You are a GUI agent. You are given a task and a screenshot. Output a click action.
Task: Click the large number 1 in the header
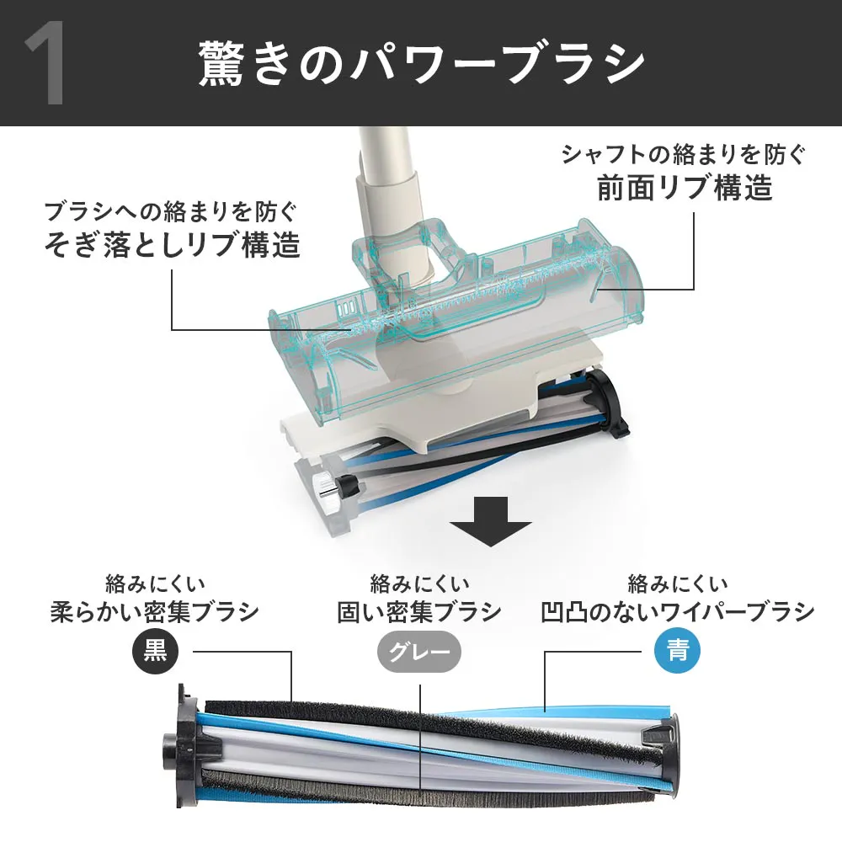point(46,63)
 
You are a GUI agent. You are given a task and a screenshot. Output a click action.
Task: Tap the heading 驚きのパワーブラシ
point(422,64)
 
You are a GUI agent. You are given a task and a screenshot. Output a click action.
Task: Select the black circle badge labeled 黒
point(155,652)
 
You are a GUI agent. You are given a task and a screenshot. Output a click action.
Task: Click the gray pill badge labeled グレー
point(419,652)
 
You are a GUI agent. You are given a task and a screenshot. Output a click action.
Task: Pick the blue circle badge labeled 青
point(678,652)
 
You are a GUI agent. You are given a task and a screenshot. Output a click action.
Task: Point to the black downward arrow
point(491,521)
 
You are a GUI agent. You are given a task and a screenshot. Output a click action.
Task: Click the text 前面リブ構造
point(685,188)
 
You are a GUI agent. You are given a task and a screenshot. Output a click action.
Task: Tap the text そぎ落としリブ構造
point(172,244)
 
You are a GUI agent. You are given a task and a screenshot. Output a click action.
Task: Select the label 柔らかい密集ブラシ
point(155,611)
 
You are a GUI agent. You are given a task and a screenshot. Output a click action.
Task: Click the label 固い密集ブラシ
point(419,611)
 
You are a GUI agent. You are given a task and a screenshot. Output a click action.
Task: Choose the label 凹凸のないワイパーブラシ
point(678,611)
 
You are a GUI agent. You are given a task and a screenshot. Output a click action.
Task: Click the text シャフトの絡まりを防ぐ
point(684,155)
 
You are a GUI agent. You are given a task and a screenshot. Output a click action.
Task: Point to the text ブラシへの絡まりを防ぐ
point(171,211)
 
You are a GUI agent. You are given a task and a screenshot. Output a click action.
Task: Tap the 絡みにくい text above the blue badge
point(678,584)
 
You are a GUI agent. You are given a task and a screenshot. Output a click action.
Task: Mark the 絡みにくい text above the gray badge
point(419,584)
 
